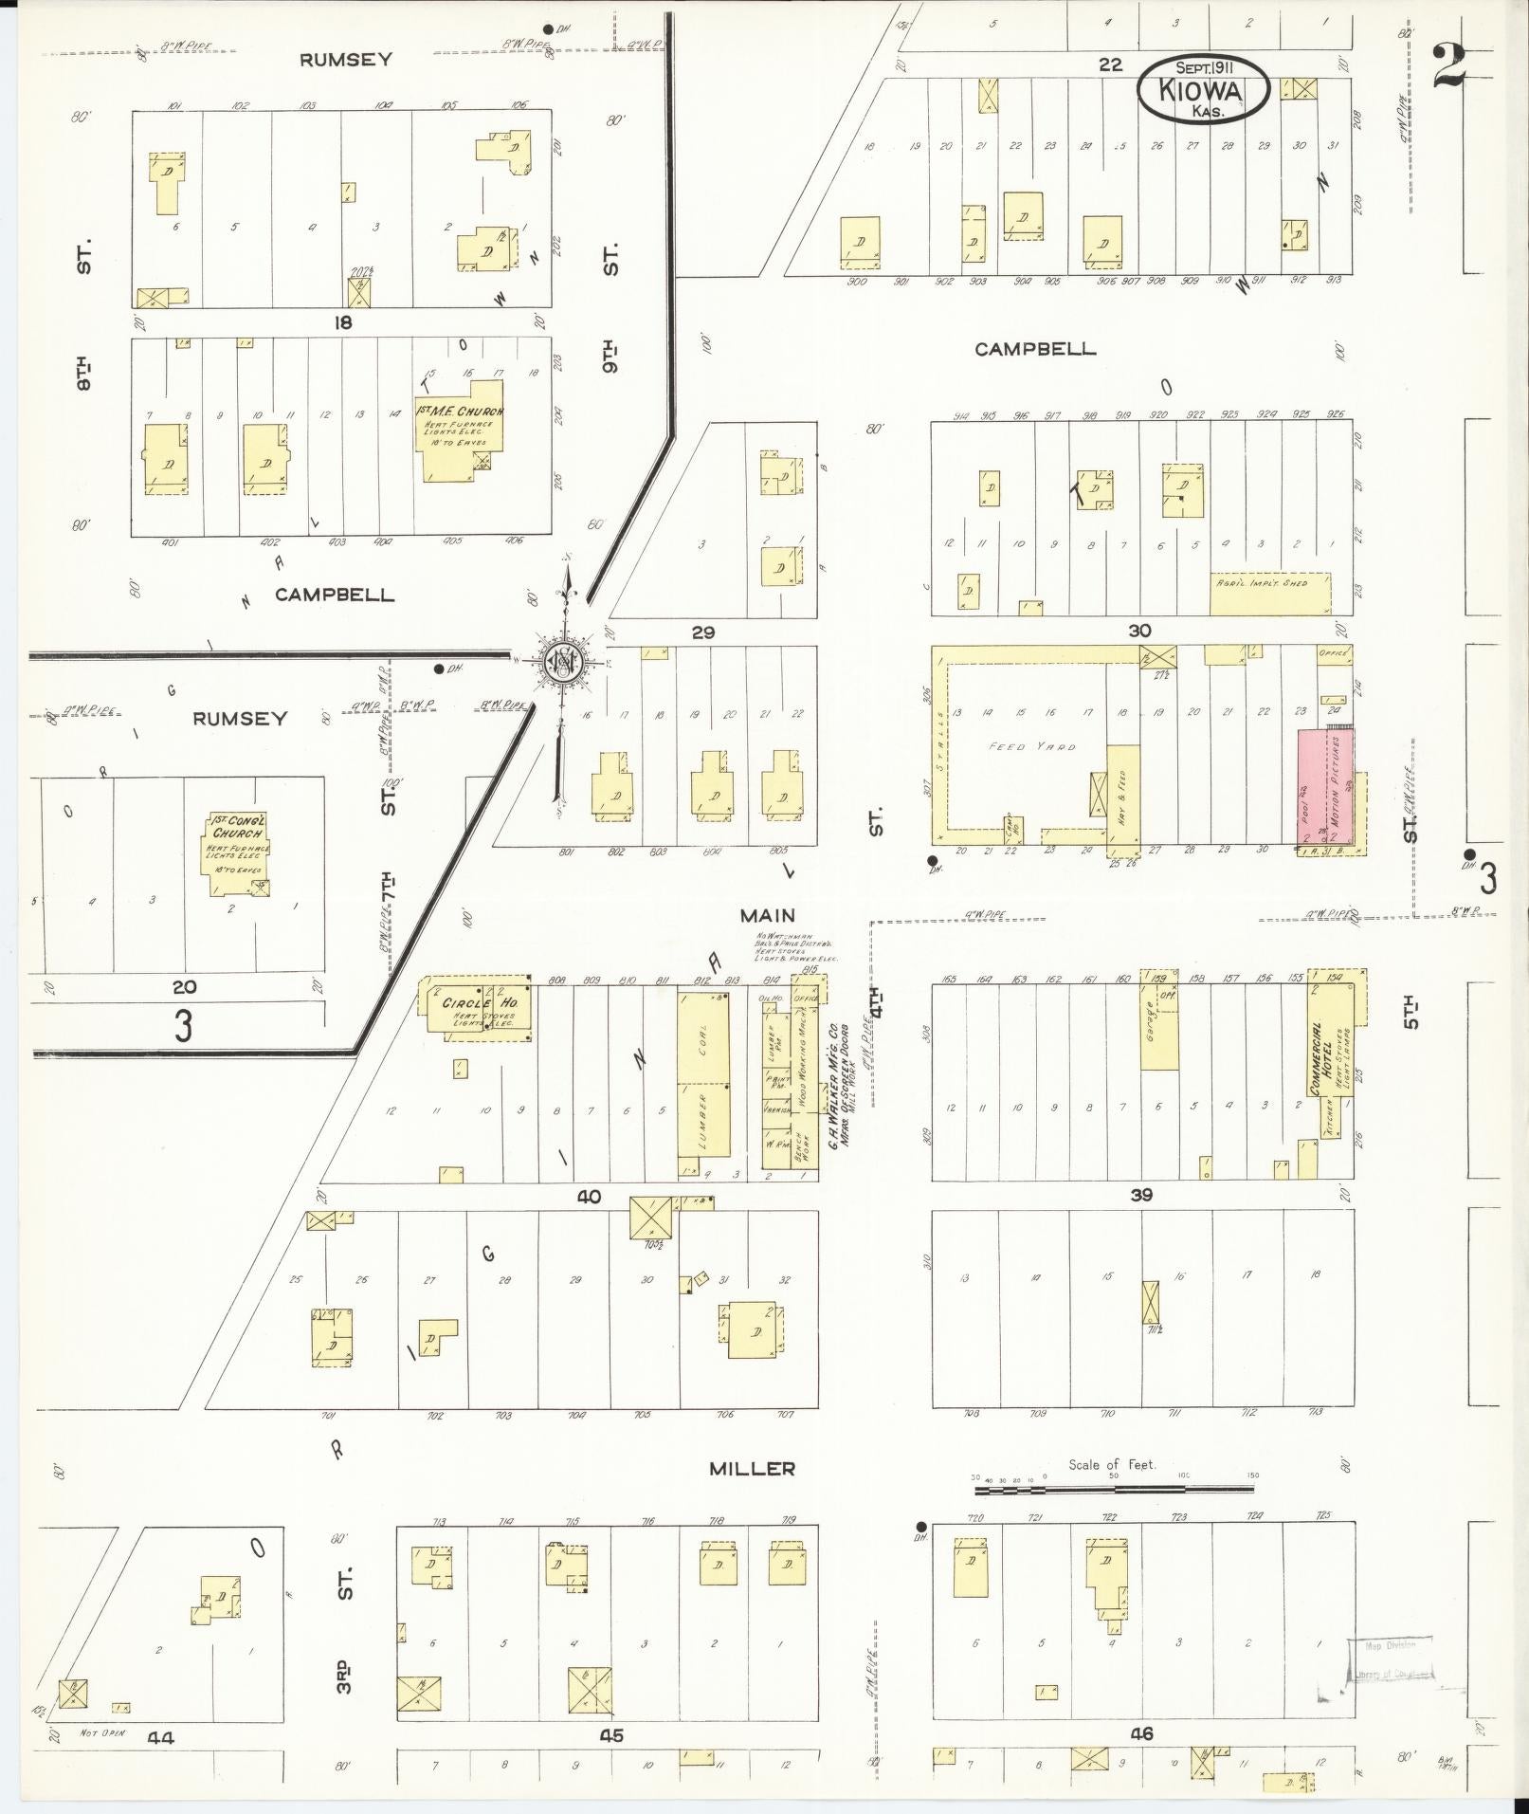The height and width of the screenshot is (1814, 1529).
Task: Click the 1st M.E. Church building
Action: click(x=459, y=431)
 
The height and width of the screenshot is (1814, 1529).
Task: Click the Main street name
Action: click(x=768, y=915)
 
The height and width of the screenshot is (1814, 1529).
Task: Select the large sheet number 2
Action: click(x=1450, y=65)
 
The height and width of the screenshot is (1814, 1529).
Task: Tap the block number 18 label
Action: click(x=342, y=322)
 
